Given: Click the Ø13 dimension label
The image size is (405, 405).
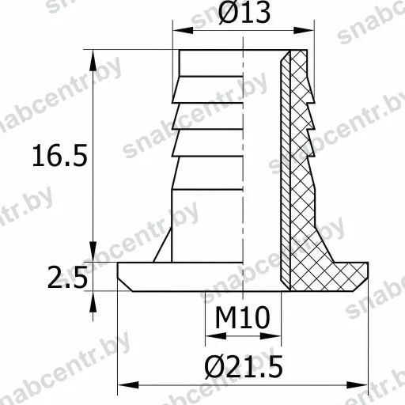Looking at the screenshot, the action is point(244,13).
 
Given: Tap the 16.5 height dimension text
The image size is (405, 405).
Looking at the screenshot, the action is point(60,155).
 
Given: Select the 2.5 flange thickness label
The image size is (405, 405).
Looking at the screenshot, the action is point(67,277).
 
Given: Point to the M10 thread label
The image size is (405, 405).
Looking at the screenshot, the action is point(243,317).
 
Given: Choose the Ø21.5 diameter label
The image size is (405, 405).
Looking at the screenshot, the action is point(244,366).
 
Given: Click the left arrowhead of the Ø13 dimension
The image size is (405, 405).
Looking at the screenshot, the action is point(183,30).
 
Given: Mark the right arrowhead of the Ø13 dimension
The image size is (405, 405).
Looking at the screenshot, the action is point(304,30).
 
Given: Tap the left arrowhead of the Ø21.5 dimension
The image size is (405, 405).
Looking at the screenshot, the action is point(128,385).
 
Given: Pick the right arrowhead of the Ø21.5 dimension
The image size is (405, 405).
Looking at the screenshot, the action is point(358,385).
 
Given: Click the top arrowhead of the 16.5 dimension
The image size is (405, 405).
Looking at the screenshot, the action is point(93,60).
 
